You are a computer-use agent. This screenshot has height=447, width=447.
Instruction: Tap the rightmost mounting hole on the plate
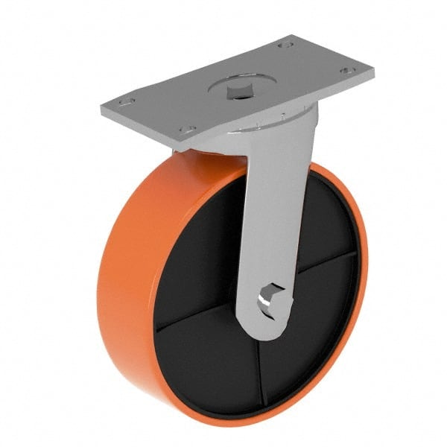(344, 72)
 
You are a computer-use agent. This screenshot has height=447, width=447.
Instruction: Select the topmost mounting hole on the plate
(284, 45)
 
